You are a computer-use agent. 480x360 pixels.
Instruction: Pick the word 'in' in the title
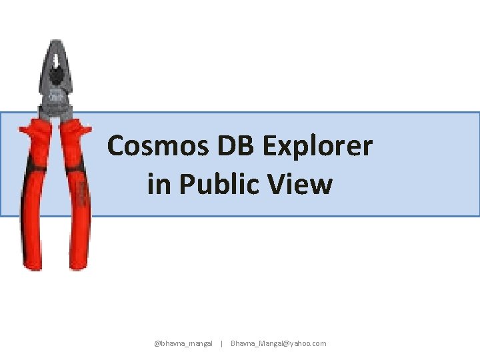158,184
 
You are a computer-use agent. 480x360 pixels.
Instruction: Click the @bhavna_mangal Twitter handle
183,343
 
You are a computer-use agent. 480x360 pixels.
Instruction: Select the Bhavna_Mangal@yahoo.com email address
279,343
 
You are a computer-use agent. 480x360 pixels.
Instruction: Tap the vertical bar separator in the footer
221,343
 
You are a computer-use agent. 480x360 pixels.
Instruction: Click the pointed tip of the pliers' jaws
58,43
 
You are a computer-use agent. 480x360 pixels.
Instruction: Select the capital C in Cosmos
117,145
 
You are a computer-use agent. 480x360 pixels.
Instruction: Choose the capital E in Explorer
278,145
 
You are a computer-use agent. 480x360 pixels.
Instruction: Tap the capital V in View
283,184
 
